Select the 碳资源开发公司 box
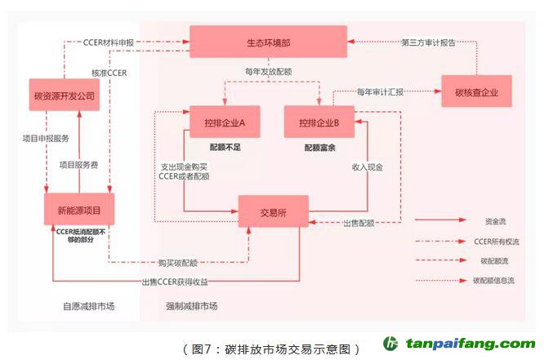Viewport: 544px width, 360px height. [x=65, y=96]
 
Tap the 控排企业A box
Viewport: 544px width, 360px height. [x=225, y=122]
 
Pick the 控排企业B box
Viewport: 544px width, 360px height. [x=319, y=122]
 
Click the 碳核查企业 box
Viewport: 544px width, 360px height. [x=476, y=91]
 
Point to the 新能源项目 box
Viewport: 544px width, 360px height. [x=78, y=211]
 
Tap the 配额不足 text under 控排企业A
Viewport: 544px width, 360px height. [x=225, y=147]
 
